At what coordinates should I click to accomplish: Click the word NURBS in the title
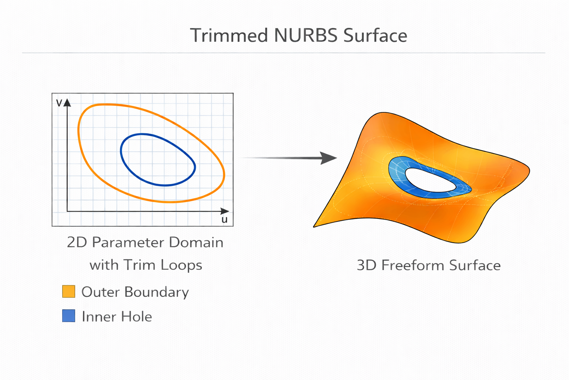pos(306,36)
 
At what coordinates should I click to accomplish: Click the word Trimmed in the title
pos(229,36)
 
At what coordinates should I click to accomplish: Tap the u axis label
pos(224,219)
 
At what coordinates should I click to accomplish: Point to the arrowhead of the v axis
pos(67,102)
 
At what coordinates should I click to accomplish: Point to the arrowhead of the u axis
pos(225,211)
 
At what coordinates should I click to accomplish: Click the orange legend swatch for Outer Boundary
pos(69,291)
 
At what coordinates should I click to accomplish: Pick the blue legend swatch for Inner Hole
pos(69,316)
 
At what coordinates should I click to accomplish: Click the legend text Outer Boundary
pos(135,292)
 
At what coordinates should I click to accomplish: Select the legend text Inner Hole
pos(117,317)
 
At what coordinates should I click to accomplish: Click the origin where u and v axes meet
pos(67,212)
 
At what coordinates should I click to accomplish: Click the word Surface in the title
pos(375,36)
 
